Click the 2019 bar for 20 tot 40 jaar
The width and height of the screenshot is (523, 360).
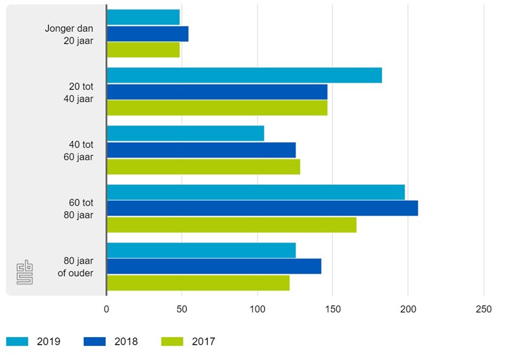click(x=244, y=75)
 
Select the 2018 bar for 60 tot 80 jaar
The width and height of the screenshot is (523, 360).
click(x=262, y=208)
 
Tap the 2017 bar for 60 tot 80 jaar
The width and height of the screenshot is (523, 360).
click(x=232, y=225)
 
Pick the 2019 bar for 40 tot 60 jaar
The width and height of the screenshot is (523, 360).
click(x=185, y=133)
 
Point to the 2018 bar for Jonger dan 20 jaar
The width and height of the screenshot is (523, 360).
click(x=147, y=34)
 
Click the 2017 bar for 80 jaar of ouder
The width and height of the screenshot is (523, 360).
click(x=198, y=283)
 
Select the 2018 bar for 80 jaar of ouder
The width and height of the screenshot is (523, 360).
click(x=214, y=267)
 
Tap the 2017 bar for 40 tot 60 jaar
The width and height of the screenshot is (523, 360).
click(x=203, y=166)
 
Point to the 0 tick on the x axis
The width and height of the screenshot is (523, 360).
click(x=107, y=309)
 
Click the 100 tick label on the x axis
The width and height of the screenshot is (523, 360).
click(x=257, y=309)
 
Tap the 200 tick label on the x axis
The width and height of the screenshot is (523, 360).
click(x=408, y=309)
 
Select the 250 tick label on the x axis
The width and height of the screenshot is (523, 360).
click(x=484, y=309)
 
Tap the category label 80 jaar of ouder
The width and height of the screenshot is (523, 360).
click(x=78, y=267)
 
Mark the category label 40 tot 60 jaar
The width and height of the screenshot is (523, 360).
click(x=81, y=150)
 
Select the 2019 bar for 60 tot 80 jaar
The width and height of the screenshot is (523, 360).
click(x=256, y=192)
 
